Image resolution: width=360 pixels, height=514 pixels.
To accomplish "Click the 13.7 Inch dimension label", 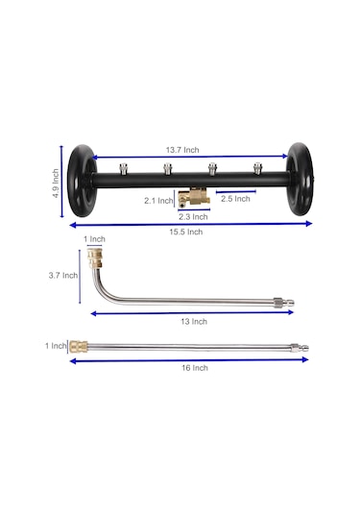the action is (x=182, y=150).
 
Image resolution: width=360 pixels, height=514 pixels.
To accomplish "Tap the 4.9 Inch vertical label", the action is (x=56, y=184).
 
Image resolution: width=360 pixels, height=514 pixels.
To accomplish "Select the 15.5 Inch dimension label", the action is (x=185, y=232).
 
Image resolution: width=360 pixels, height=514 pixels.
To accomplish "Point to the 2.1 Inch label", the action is (x=158, y=200).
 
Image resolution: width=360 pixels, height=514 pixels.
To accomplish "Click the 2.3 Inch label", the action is (x=193, y=217).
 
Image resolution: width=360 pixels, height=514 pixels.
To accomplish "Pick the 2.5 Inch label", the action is (x=235, y=199).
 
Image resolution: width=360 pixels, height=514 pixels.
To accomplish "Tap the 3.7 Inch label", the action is (x=63, y=275).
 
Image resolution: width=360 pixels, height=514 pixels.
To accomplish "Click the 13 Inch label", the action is (x=194, y=321).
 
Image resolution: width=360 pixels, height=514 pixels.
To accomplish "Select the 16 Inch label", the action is (x=195, y=368).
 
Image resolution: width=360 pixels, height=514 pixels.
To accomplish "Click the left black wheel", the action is (x=82, y=181).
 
